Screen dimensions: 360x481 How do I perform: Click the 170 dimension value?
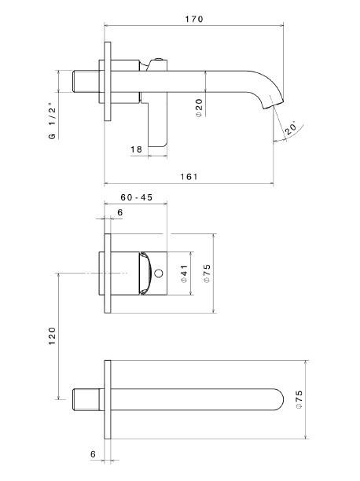pyautogui.click(x=194, y=19)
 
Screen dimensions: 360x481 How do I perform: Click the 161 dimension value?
pyautogui.click(x=189, y=177)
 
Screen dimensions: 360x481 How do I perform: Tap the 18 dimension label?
pyautogui.click(x=136, y=149)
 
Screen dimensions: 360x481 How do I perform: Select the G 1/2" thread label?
pyautogui.click(x=53, y=123)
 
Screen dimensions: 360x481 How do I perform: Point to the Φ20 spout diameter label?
pyautogui.click(x=199, y=108)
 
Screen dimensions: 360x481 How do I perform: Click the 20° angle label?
pyautogui.click(x=290, y=129)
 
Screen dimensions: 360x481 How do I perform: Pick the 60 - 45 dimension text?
pyautogui.click(x=136, y=197)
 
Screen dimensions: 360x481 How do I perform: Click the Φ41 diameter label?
pyautogui.click(x=184, y=274)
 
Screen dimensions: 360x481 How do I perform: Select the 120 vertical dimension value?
pyautogui.click(x=52, y=336)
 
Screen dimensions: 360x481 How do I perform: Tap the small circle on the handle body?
pyautogui.click(x=159, y=273)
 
